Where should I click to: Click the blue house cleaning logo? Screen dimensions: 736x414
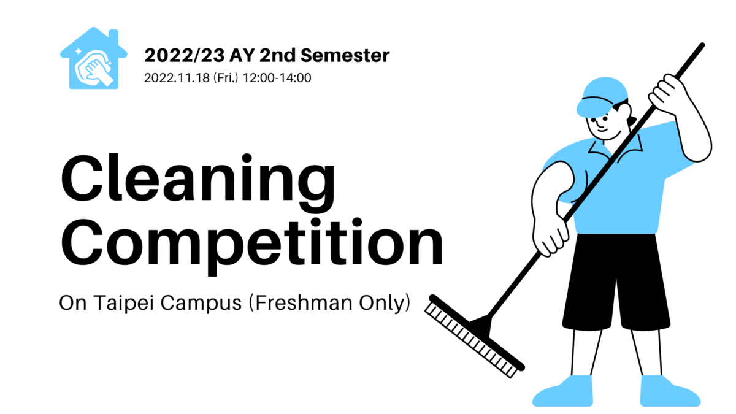point(94,58)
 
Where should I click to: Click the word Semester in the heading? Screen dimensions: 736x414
point(345,55)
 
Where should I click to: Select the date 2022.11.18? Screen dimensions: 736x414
point(177,78)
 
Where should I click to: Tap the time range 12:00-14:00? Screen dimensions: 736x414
point(277,78)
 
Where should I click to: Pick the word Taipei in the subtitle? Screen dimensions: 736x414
point(124,303)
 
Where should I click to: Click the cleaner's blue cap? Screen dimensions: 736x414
point(602,97)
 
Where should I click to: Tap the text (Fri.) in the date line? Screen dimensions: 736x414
point(226,78)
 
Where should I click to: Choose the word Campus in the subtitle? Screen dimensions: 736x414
point(201,303)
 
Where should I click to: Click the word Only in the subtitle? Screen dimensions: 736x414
point(385,303)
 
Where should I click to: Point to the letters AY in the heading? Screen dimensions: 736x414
point(242,55)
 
